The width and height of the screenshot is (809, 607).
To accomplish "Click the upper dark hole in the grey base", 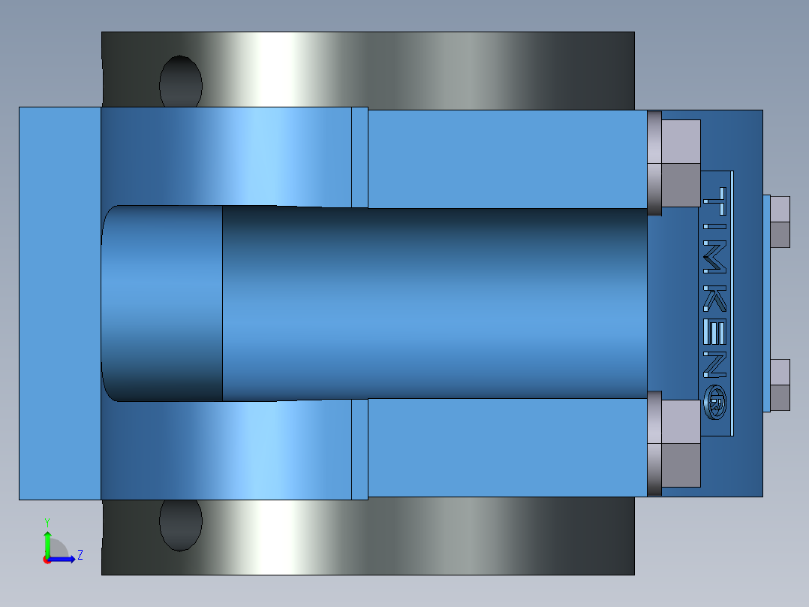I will [x=181, y=83].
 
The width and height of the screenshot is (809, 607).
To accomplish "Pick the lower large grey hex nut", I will [x=681, y=443].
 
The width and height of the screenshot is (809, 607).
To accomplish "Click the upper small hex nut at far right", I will [x=780, y=222].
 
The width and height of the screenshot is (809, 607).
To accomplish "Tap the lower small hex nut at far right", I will [x=780, y=385].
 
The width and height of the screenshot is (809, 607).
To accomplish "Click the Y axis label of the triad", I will [x=47, y=521].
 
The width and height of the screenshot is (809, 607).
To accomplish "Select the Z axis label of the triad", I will [x=80, y=555].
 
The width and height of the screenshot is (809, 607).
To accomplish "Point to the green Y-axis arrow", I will [x=47, y=542].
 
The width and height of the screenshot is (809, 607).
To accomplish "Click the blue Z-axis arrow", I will [x=64, y=558].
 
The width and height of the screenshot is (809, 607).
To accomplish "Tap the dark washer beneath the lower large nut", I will [x=654, y=443].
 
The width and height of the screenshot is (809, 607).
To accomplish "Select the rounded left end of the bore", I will [x=113, y=303].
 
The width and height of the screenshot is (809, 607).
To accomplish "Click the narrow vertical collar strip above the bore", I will [x=359, y=157].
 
